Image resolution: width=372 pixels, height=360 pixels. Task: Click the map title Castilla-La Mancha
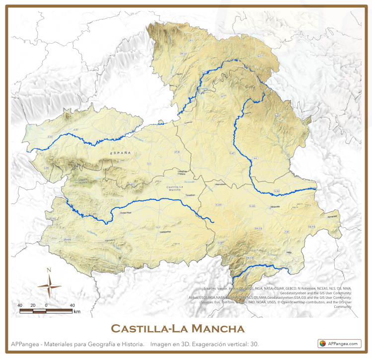(x=178, y=329)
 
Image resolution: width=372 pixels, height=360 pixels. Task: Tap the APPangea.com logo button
(x=340, y=344)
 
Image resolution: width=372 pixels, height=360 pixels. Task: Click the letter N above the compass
(x=49, y=270)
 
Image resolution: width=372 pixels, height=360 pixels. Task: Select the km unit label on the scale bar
(x=76, y=312)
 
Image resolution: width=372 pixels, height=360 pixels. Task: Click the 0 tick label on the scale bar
(x=46, y=305)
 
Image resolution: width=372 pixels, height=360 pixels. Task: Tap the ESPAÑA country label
(x=121, y=153)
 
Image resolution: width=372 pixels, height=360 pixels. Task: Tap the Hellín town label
(x=289, y=253)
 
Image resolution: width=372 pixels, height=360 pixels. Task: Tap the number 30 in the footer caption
(x=253, y=344)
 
